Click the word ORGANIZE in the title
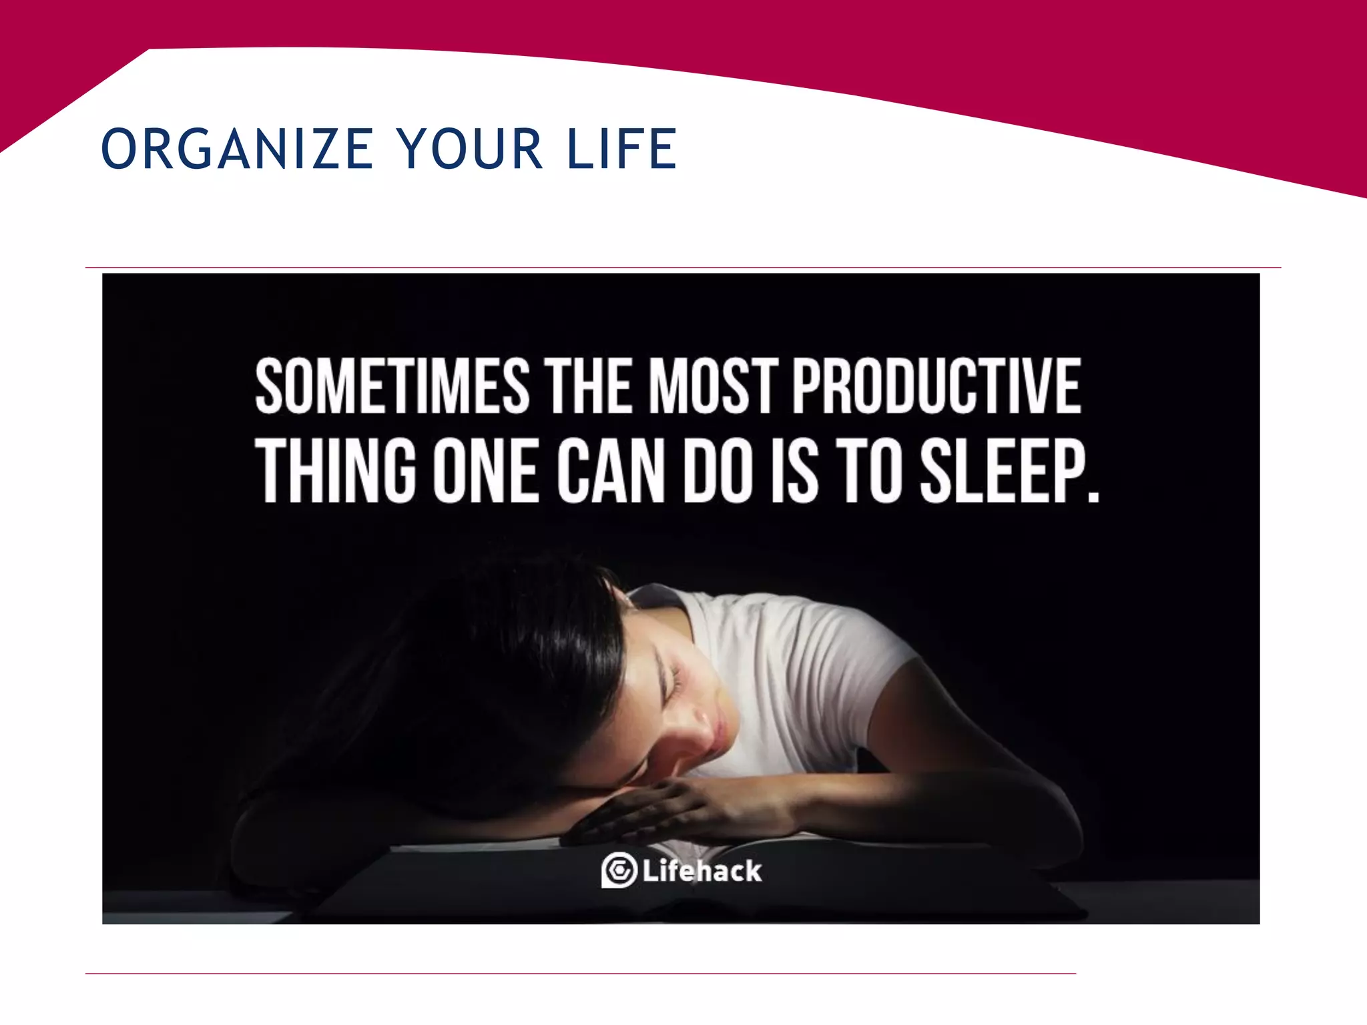(x=237, y=149)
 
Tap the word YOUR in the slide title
(x=471, y=149)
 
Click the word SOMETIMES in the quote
(x=392, y=387)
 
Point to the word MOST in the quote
(x=714, y=387)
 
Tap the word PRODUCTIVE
(x=936, y=387)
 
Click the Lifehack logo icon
(x=619, y=870)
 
